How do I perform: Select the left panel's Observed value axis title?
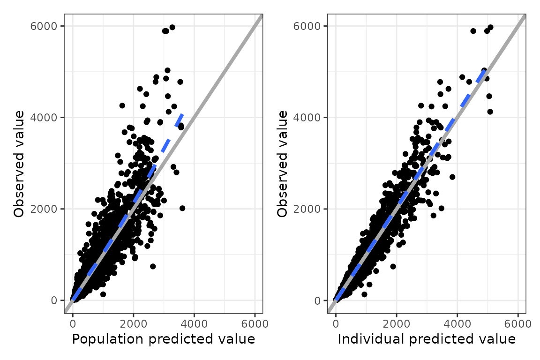19,164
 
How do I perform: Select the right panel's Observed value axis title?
283,164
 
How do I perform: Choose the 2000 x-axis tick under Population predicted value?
134,324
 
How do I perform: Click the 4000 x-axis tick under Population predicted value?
194,324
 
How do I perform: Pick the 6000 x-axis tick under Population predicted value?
255,324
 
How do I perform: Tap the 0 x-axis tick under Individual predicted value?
336,324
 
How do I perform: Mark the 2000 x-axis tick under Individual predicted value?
397,324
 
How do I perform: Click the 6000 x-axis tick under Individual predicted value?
518,324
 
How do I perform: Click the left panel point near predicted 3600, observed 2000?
182,208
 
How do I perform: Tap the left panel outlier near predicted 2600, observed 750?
152,266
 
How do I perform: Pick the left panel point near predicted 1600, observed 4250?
122,105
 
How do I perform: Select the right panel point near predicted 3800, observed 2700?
452,177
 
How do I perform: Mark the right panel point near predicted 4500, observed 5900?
473,31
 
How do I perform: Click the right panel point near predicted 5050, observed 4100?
490,112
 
